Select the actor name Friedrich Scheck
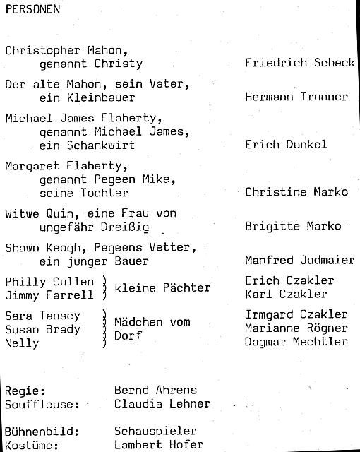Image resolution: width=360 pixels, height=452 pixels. [299, 63]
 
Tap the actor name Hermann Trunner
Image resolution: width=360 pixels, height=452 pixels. [296, 97]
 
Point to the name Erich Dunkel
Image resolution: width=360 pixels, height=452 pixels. [285, 145]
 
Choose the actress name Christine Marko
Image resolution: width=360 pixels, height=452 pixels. [296, 192]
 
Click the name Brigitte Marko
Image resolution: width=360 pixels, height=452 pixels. [293, 227]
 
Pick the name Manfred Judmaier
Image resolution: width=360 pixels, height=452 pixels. [299, 261]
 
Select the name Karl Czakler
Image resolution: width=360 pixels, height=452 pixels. [286, 294]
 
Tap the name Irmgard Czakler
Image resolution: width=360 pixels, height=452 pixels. [296, 314]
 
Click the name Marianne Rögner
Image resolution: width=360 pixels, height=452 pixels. [296, 328]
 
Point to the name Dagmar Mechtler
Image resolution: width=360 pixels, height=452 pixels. [296, 342]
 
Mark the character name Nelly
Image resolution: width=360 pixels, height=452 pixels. [22, 343]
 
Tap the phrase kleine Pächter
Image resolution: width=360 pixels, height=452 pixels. [162, 287]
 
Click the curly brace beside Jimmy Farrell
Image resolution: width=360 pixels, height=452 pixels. [104, 288]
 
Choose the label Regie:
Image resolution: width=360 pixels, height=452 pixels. [25, 391]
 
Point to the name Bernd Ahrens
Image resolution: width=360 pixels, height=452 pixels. [155, 391]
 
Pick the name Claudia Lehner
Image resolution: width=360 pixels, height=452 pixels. [162, 404]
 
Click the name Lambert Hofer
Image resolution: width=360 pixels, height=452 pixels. [159, 445]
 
